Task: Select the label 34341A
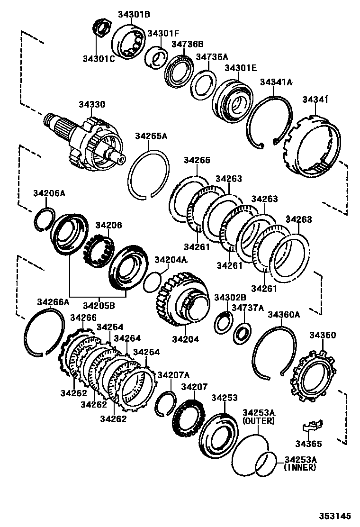(x=276, y=82)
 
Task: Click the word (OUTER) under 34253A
(x=258, y=421)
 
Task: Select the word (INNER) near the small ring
(x=299, y=468)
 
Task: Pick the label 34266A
(x=53, y=302)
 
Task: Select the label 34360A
(x=284, y=314)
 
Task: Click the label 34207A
(x=173, y=375)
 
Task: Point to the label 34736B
(x=187, y=44)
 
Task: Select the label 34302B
(x=230, y=297)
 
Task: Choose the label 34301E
(x=240, y=68)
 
